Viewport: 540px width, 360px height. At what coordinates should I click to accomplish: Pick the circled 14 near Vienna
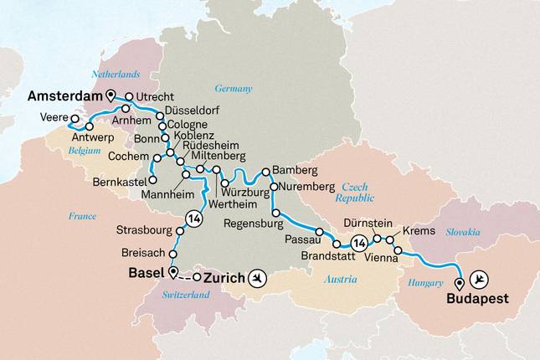[358, 243]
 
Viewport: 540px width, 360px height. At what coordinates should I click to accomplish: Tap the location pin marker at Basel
[172, 272]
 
